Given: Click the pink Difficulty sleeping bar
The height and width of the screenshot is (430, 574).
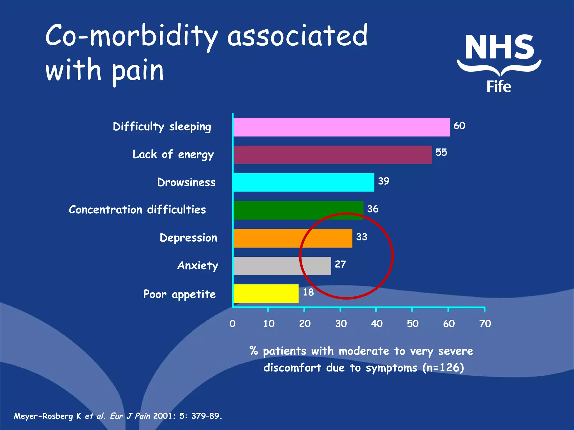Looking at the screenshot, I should pyautogui.click(x=341, y=127).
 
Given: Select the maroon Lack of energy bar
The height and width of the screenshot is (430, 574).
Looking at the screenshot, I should pyautogui.click(x=332, y=155).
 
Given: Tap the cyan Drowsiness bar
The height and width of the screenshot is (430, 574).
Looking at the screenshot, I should pyautogui.click(x=304, y=182).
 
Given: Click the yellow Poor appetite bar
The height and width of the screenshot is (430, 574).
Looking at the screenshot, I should pyautogui.click(x=266, y=293).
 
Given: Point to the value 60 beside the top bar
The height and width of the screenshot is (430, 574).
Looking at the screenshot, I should pyautogui.click(x=459, y=126).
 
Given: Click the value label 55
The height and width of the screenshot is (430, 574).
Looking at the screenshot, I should pyautogui.click(x=441, y=152).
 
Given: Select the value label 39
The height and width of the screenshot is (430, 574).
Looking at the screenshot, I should pyautogui.click(x=384, y=181).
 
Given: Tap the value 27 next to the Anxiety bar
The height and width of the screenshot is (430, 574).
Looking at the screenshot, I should pyautogui.click(x=341, y=264).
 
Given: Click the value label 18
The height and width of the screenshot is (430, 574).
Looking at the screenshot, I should pyautogui.click(x=308, y=292).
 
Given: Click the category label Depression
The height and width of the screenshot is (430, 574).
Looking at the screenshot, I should pyautogui.click(x=188, y=238).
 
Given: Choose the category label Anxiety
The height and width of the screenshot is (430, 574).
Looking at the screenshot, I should pyautogui.click(x=198, y=265).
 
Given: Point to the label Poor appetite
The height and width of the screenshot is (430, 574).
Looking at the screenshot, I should pyautogui.click(x=179, y=294).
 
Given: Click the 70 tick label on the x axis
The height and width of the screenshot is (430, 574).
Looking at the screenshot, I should pyautogui.click(x=485, y=324).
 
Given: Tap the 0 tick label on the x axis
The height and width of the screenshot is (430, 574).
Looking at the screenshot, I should pyautogui.click(x=232, y=324).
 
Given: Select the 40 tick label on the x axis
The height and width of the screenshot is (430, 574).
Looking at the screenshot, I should pyautogui.click(x=376, y=324).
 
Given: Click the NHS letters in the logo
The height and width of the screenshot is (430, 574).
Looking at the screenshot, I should pyautogui.click(x=499, y=47).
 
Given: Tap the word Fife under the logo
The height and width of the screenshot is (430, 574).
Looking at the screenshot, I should pyautogui.click(x=499, y=86).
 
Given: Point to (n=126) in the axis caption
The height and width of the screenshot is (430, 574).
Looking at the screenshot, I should pyautogui.click(x=443, y=367).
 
